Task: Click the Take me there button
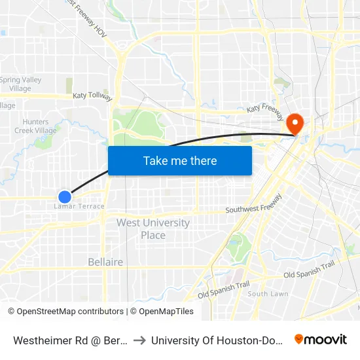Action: (x=180, y=160)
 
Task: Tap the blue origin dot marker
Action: (x=64, y=196)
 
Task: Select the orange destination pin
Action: (x=295, y=122)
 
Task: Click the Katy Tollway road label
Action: (x=92, y=96)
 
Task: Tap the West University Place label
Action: (x=153, y=228)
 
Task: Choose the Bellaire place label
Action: (x=105, y=262)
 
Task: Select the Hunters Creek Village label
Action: (x=35, y=126)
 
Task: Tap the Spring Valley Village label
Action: (x=20, y=84)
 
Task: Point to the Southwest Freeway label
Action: (x=254, y=205)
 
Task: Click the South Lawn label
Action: (x=268, y=294)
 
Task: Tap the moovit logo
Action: (x=321, y=340)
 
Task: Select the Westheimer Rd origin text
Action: (x=69, y=340)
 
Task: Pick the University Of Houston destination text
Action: (x=216, y=340)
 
